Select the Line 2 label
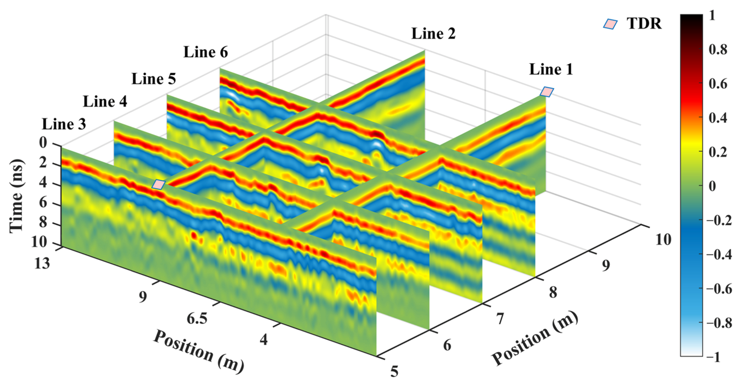(433, 34)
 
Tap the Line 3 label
(64, 124)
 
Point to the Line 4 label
(105, 102)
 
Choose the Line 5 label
(154, 79)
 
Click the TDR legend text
(644, 24)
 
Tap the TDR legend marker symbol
(610, 24)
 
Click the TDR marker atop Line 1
(546, 92)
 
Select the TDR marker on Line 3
(158, 185)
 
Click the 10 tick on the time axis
(39, 242)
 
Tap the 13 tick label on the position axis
(42, 263)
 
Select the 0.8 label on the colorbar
(718, 50)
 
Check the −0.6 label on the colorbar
(719, 289)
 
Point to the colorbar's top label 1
(712, 16)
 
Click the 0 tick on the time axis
(43, 143)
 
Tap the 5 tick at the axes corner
(394, 371)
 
